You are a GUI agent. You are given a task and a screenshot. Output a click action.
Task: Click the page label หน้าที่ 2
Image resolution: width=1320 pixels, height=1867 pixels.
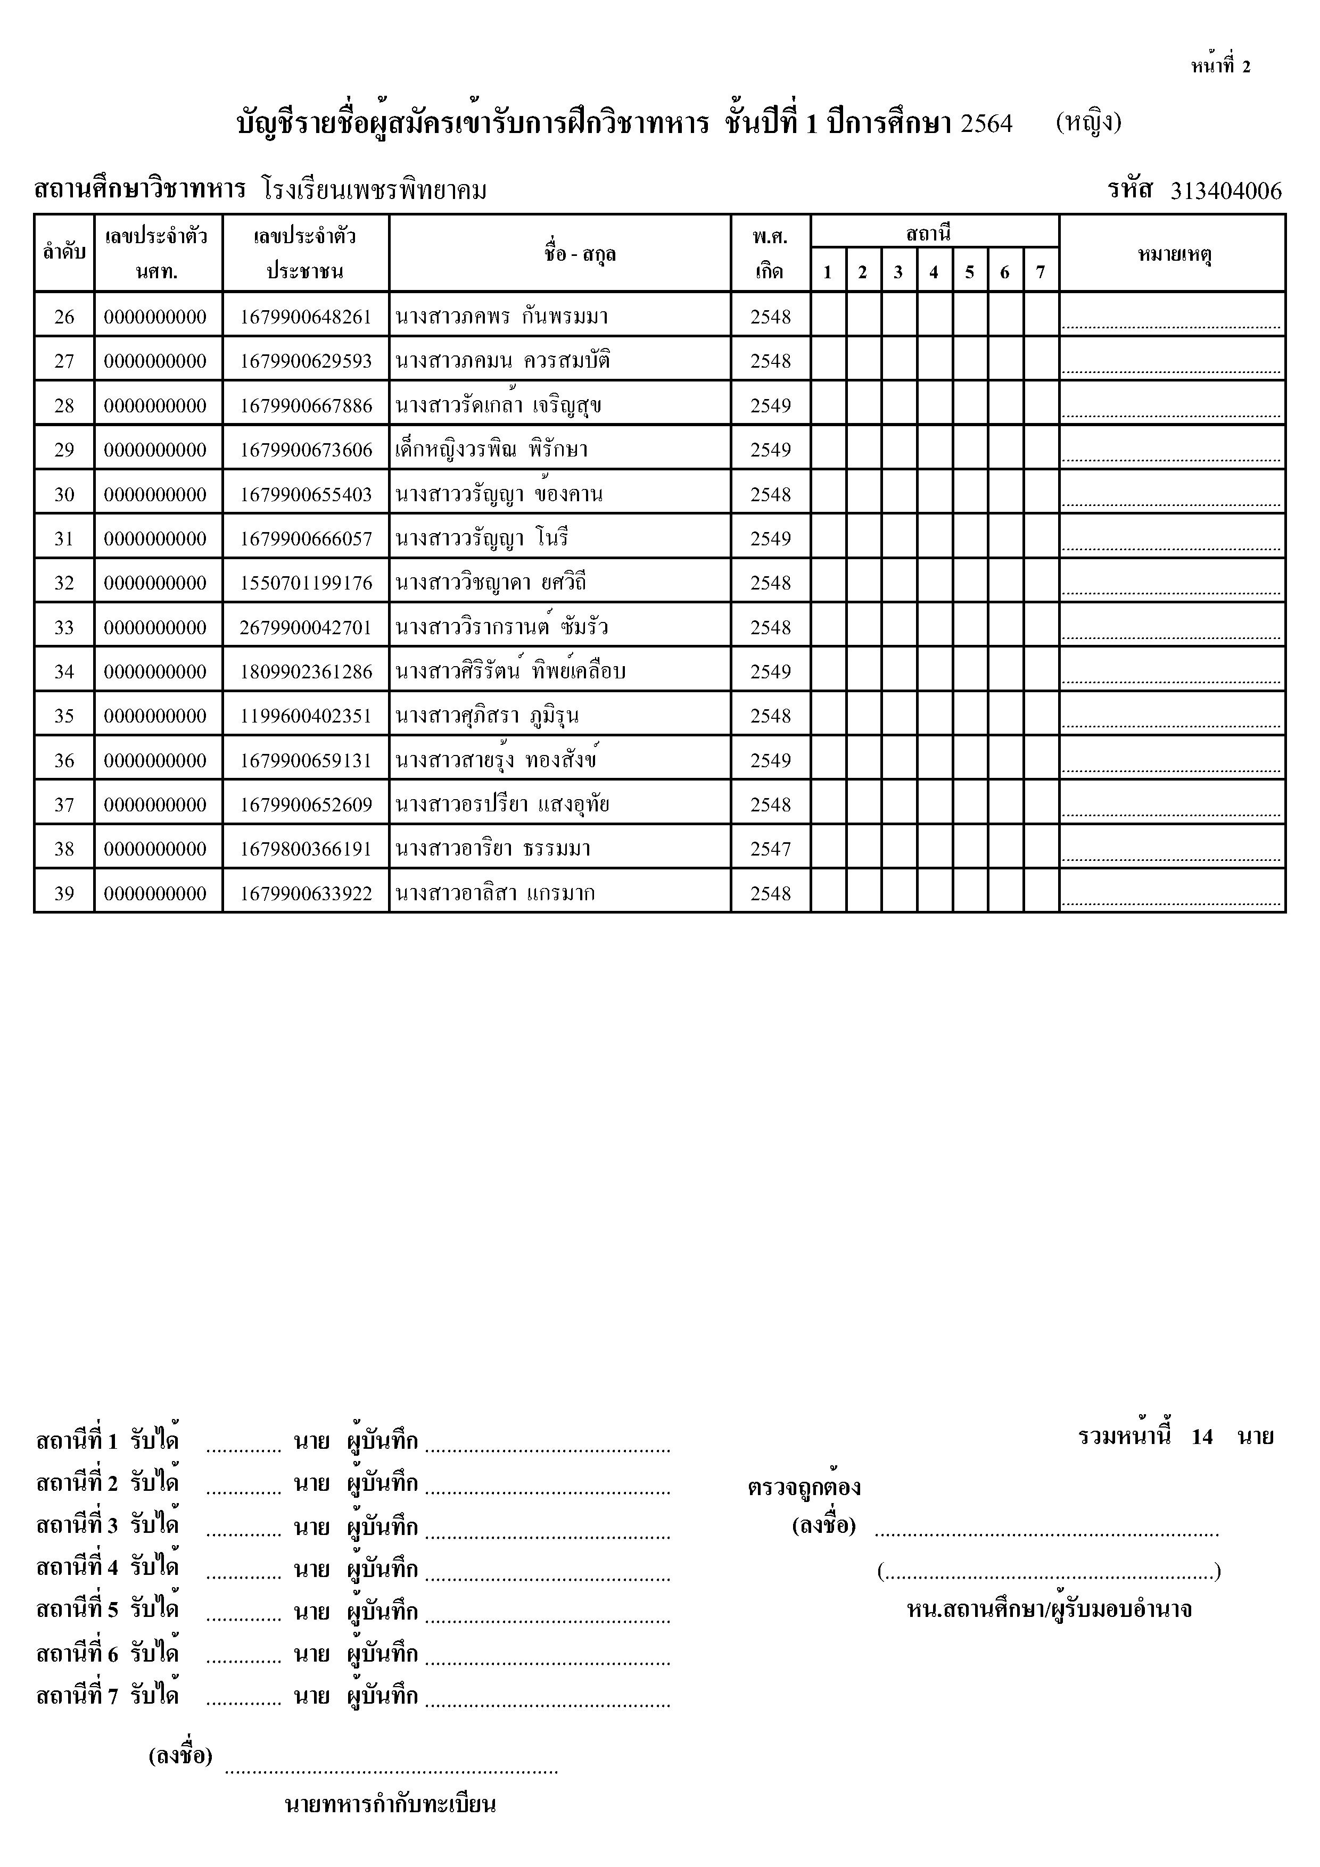click(x=1220, y=67)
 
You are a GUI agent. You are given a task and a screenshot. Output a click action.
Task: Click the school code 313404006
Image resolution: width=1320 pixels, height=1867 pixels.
click(x=1226, y=191)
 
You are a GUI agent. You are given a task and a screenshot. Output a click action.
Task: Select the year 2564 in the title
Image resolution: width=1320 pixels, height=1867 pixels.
click(x=987, y=123)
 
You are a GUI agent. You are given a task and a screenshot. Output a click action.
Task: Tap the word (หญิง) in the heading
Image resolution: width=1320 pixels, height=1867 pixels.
click(x=1088, y=123)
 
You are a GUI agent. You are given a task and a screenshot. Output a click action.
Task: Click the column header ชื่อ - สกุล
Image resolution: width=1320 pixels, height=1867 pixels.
click(x=580, y=254)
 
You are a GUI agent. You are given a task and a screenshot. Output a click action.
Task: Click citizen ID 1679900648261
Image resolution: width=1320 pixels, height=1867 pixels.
click(x=306, y=317)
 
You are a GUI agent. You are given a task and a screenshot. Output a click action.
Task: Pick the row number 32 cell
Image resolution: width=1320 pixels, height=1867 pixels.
click(x=64, y=583)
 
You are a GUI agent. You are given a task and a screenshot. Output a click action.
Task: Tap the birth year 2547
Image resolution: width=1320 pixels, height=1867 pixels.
click(x=770, y=849)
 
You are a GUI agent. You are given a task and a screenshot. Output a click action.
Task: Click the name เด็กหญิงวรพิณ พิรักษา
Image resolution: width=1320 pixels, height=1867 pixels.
click(x=491, y=450)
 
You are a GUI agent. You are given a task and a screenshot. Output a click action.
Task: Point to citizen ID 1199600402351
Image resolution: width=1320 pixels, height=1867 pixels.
click(x=306, y=716)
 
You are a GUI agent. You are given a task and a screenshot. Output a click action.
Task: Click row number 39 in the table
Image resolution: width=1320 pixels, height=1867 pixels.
click(x=64, y=894)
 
